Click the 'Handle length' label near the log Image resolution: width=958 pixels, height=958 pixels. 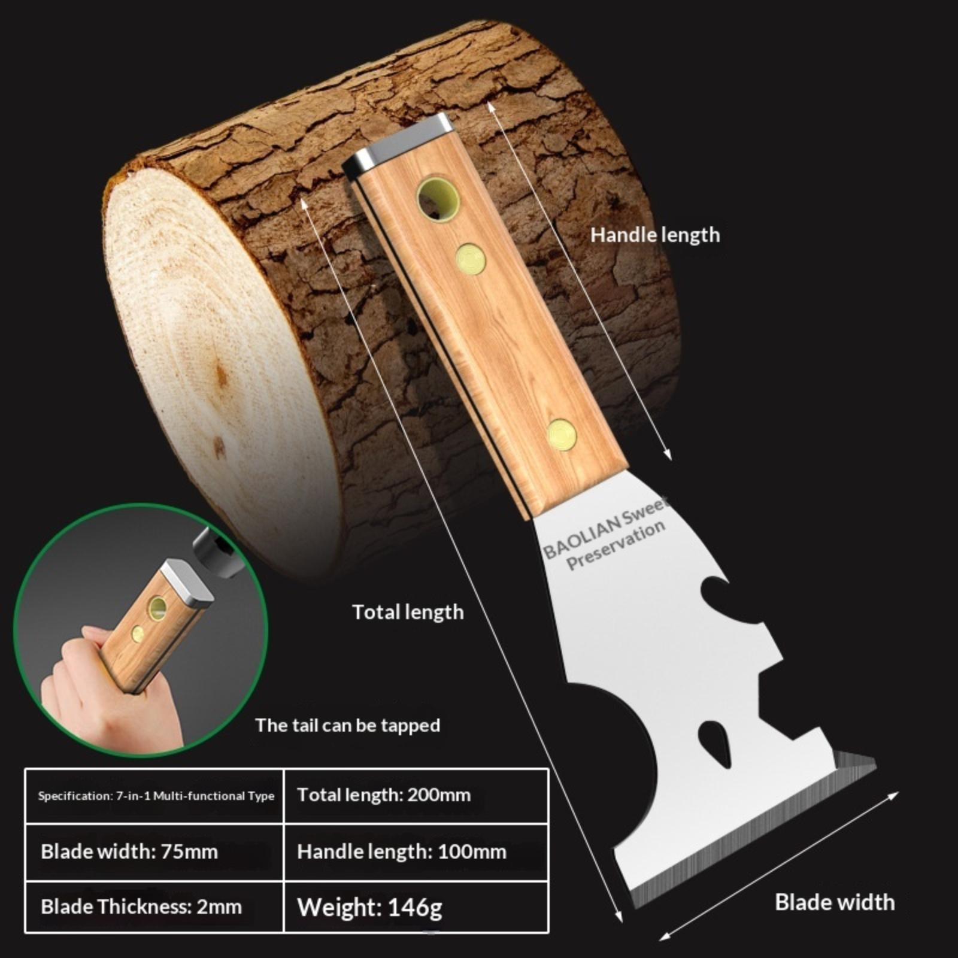click(655, 235)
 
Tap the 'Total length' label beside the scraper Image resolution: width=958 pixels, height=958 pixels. click(408, 613)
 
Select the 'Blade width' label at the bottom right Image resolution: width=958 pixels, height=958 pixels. click(835, 902)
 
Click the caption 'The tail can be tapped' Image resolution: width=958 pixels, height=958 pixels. click(348, 726)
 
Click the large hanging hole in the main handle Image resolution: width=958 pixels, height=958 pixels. click(438, 198)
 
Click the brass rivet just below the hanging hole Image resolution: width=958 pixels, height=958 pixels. click(471, 259)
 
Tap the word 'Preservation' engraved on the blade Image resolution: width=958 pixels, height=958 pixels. click(616, 545)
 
